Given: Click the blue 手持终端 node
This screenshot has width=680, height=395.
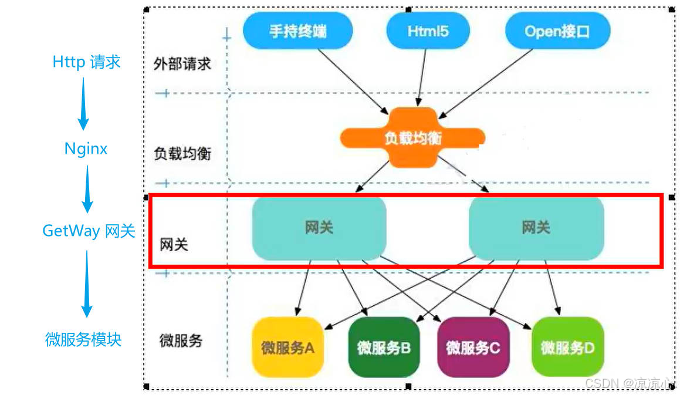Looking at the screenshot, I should [x=297, y=31].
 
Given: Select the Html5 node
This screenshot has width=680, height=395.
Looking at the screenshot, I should [x=428, y=31].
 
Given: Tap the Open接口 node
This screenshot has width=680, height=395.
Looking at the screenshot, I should [x=557, y=31].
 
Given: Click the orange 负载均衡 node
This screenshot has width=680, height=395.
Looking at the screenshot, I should [x=412, y=138].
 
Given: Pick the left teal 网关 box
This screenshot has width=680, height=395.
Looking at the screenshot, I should [x=319, y=228].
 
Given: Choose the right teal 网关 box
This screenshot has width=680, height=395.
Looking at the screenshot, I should [x=536, y=228].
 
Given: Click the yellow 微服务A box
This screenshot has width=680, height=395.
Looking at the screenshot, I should [x=288, y=347].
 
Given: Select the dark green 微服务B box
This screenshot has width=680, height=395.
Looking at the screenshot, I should [x=384, y=347].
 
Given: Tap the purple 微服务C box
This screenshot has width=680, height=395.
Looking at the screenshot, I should [x=473, y=347].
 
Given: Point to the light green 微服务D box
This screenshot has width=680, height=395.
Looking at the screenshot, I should [x=567, y=347].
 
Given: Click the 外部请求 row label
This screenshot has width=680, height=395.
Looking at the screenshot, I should [x=182, y=64].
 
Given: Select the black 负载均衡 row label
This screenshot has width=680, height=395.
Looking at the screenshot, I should [x=182, y=154].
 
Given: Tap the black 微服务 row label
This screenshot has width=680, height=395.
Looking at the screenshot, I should [x=181, y=340].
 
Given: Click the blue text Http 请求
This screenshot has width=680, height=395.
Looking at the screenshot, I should [x=86, y=62].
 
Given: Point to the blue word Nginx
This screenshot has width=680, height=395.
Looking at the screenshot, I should [x=86, y=148].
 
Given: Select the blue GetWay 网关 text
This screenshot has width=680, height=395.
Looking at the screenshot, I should [x=89, y=231].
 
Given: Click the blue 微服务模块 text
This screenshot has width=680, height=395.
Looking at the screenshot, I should [x=83, y=339].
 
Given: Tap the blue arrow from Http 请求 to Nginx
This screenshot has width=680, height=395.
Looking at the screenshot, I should [x=83, y=103].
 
